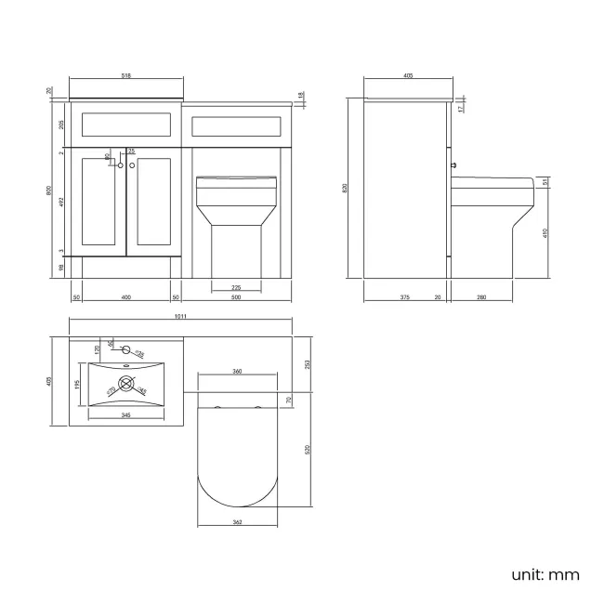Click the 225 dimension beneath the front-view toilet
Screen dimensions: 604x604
point(236,287)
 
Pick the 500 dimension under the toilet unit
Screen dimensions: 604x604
point(236,297)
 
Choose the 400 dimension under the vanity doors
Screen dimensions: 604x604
point(125,297)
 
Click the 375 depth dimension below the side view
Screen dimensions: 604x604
point(404,297)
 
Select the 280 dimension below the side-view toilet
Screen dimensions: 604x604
point(479,297)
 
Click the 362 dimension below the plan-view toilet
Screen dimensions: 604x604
point(237,523)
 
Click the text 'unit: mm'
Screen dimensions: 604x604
point(545,573)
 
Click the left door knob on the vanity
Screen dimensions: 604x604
point(120,164)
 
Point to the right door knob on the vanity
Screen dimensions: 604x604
point(132,164)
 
